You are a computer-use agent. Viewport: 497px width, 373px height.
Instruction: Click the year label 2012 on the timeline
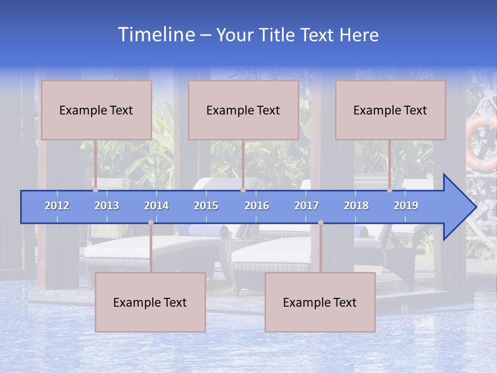[x=57, y=206]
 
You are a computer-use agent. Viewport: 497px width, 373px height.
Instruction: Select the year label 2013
[x=107, y=206]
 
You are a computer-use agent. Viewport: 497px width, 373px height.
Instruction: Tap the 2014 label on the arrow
[x=156, y=206]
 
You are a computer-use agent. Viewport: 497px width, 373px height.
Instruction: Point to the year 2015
[x=206, y=206]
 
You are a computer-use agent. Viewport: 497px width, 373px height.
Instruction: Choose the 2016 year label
[x=257, y=206]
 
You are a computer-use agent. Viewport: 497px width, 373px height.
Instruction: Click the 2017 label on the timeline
[x=306, y=206]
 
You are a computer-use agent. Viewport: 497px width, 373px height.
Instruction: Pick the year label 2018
[x=356, y=206]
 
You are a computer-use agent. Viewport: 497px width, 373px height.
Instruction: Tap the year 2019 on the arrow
[x=406, y=206]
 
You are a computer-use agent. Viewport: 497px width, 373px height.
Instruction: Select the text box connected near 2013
[x=96, y=110]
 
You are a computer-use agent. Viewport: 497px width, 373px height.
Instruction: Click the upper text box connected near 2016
[x=243, y=110]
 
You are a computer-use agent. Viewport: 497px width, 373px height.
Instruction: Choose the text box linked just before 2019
[x=390, y=110]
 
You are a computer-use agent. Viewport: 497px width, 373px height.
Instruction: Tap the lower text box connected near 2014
[x=150, y=303]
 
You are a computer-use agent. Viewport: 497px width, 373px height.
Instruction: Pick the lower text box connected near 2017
[x=320, y=303]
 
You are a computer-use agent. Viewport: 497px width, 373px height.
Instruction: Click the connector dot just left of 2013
[x=95, y=190]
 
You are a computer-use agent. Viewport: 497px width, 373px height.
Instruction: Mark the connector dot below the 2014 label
[x=151, y=223]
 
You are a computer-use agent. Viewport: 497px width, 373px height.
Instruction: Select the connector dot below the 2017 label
[x=320, y=223]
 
